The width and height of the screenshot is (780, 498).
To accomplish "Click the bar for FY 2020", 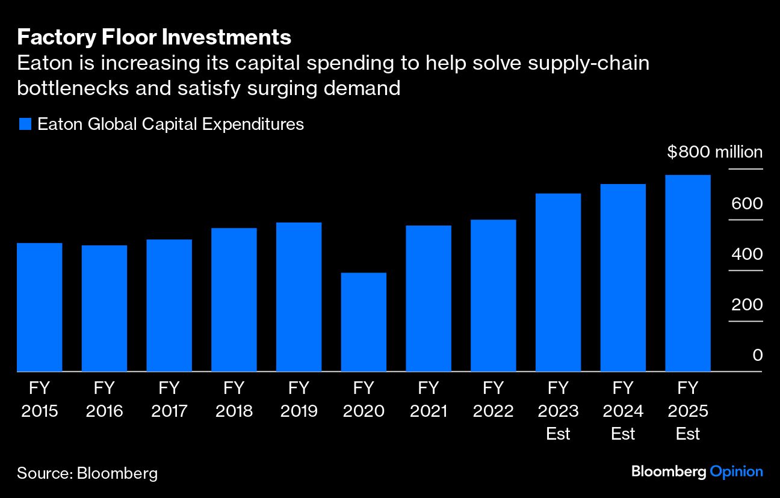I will coord(364,322).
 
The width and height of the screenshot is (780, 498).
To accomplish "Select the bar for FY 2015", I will coord(40,307).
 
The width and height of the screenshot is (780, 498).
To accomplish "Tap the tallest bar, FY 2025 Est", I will coord(688,273).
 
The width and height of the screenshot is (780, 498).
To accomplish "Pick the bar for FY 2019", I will coord(299,297).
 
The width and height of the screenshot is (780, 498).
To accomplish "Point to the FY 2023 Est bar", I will coord(558,282).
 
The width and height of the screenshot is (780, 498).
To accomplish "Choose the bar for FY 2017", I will coord(169,305).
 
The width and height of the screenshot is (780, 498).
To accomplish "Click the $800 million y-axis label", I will coord(714,152).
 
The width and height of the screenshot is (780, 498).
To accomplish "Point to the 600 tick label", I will coord(747,204).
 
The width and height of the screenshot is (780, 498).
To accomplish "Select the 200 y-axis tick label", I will coord(747,305).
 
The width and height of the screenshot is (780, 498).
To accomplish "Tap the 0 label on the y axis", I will coord(757,355).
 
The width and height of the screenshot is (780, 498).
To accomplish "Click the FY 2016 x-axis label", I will coord(104,399).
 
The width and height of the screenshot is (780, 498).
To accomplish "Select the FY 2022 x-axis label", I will coord(493,399).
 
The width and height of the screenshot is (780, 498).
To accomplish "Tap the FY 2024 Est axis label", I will coord(623,411).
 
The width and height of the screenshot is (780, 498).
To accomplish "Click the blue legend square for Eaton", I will coord(25,124).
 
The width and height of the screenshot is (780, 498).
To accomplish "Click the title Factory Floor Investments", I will coord(154,37).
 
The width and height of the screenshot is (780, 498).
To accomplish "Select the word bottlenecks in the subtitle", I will coord(73,88).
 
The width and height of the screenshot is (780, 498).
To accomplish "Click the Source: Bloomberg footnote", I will coord(87,473).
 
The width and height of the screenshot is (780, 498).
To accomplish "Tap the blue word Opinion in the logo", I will coord(736,472).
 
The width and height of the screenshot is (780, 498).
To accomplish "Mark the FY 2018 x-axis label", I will coord(234,399).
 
